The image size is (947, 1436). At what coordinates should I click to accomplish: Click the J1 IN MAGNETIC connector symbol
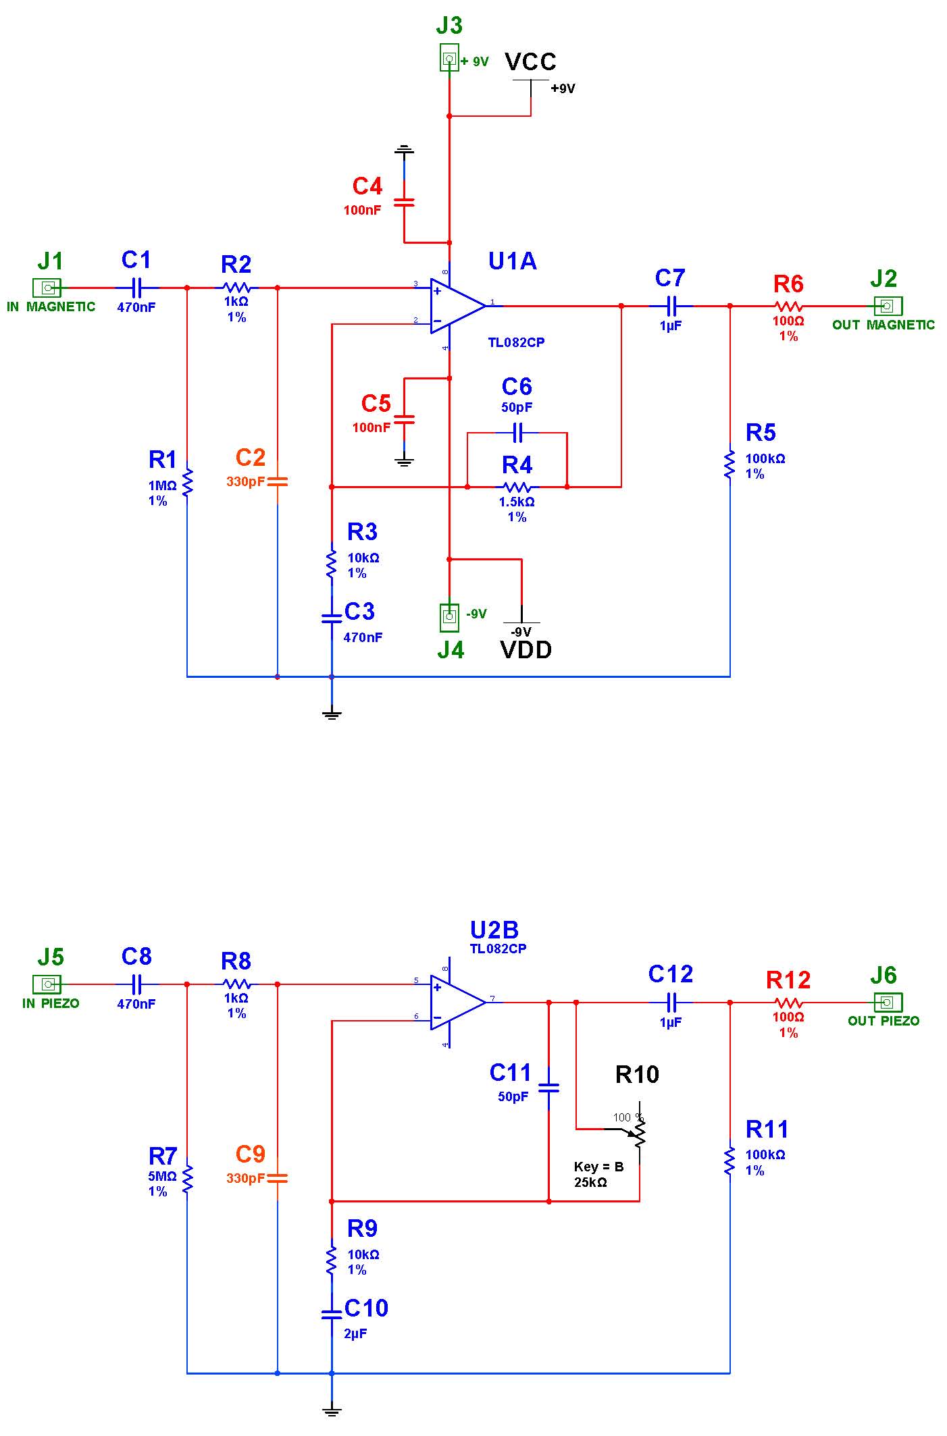pyautogui.click(x=47, y=288)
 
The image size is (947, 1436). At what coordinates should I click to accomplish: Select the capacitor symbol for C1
pyautogui.click(x=136, y=288)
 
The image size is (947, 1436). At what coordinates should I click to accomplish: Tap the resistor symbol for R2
pyautogui.click(x=236, y=288)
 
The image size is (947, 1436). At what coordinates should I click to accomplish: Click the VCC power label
pyautogui.click(x=531, y=61)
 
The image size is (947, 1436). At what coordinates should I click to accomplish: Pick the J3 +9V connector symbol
pyautogui.click(x=449, y=58)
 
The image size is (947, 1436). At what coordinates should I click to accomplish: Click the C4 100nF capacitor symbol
pyautogui.click(x=404, y=202)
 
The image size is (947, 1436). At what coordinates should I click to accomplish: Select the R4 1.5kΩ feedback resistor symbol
pyautogui.click(x=517, y=486)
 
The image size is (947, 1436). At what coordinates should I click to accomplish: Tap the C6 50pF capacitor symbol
pyautogui.click(x=517, y=432)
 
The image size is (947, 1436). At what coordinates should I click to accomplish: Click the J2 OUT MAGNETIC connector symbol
pyautogui.click(x=888, y=306)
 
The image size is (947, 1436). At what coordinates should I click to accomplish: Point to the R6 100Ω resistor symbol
pyautogui.click(x=788, y=306)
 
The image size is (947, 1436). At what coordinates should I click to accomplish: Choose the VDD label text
pyautogui.click(x=526, y=650)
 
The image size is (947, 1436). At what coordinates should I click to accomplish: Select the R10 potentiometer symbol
pyautogui.click(x=639, y=1134)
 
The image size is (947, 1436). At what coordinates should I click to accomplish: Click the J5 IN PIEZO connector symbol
pyautogui.click(x=47, y=984)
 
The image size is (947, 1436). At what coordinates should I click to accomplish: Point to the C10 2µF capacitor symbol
pyautogui.click(x=331, y=1314)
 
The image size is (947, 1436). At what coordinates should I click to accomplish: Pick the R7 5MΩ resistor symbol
pyautogui.click(x=188, y=1178)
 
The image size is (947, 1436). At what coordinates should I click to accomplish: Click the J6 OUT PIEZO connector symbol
pyautogui.click(x=888, y=1002)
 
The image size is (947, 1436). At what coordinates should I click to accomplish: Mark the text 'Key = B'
pyautogui.click(x=598, y=1167)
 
